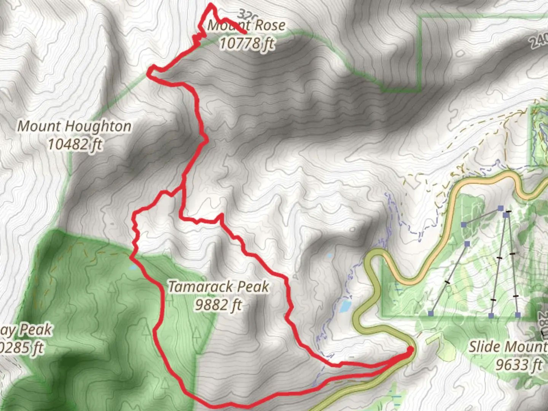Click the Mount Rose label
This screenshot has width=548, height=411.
click(x=247, y=25)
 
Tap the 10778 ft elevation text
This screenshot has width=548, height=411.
click(x=247, y=43)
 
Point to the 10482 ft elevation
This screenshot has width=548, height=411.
click(x=75, y=144)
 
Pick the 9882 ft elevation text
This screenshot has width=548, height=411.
click(x=218, y=305)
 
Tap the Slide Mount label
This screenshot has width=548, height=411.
click(x=508, y=347)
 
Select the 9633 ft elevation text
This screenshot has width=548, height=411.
click(x=518, y=365)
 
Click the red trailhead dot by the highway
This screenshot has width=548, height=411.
click(x=410, y=349)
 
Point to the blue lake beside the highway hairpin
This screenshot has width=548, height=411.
click(x=345, y=306)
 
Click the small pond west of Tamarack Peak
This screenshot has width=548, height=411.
click(x=133, y=268)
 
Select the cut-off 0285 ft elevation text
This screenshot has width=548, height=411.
click(x=22, y=348)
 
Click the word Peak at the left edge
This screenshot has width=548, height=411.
click(x=36, y=330)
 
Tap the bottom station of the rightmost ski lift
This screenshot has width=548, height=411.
click(x=518, y=315)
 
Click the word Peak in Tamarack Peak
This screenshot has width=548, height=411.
click(x=252, y=287)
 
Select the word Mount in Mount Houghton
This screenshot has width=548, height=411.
click(x=36, y=126)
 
